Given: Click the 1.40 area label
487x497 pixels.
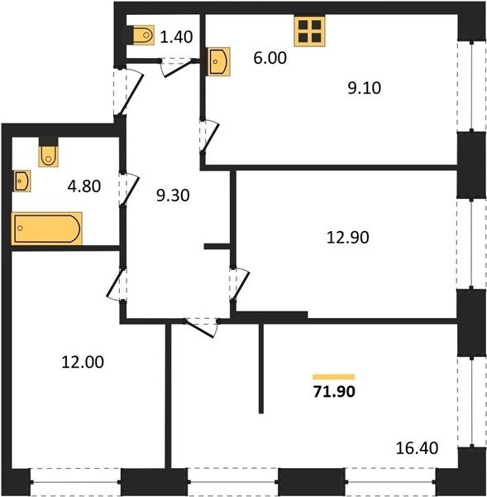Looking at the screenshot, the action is [x=176, y=37].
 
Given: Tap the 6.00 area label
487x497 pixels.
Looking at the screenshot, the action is [x=270, y=58].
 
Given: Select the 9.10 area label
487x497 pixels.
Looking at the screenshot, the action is [x=365, y=88].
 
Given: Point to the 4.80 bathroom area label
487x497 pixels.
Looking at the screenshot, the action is [x=84, y=186].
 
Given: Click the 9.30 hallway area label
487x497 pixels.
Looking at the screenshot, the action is [x=173, y=195].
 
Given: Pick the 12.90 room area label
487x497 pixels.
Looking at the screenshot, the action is [x=348, y=238].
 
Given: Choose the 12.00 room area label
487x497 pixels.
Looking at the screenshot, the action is [x=83, y=362].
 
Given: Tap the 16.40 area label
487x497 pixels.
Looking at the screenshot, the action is [x=417, y=448].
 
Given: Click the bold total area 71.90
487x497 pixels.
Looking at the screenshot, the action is [x=334, y=392].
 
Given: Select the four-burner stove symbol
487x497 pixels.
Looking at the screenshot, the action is [x=309, y=31].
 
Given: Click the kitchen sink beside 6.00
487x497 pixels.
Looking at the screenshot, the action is [x=218, y=61].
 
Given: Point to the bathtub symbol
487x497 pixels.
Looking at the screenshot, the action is [x=47, y=229].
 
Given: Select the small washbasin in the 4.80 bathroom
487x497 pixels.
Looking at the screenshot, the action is [x=21, y=181].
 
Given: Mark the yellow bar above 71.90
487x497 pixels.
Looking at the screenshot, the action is [x=334, y=377].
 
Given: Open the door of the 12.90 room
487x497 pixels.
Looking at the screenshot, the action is [x=241, y=283].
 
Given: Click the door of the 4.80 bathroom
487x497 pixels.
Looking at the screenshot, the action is [x=130, y=189].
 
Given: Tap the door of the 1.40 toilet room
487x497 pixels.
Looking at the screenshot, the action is [x=178, y=68].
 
